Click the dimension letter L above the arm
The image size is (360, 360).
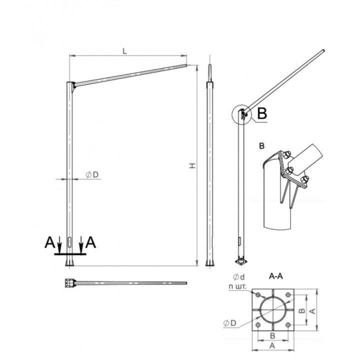tap(124, 51)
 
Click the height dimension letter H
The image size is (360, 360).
tap(192, 165)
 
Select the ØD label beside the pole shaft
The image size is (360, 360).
tap(92, 174)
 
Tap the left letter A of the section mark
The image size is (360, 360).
tap(50, 242)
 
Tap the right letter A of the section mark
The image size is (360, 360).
tap(90, 242)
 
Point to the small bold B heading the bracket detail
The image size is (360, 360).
tap(261, 146)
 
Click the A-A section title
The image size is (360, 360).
tap(275, 276)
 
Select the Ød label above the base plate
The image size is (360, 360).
tap(239, 277)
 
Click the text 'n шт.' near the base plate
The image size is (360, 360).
tap(237, 286)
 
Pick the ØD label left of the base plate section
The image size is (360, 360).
tap(230, 323)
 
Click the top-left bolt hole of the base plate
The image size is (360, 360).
tap(258, 295)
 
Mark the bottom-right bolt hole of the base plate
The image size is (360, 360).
tap(288, 325)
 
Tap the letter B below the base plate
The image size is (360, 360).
tap(272, 336)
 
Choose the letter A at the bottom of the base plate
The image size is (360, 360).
tap(272, 346)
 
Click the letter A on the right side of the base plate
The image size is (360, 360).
tap(312, 311)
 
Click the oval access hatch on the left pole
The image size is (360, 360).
tap(69, 242)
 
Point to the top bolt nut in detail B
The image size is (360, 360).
tap(287, 154)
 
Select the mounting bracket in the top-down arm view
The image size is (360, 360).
tap(70, 283)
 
